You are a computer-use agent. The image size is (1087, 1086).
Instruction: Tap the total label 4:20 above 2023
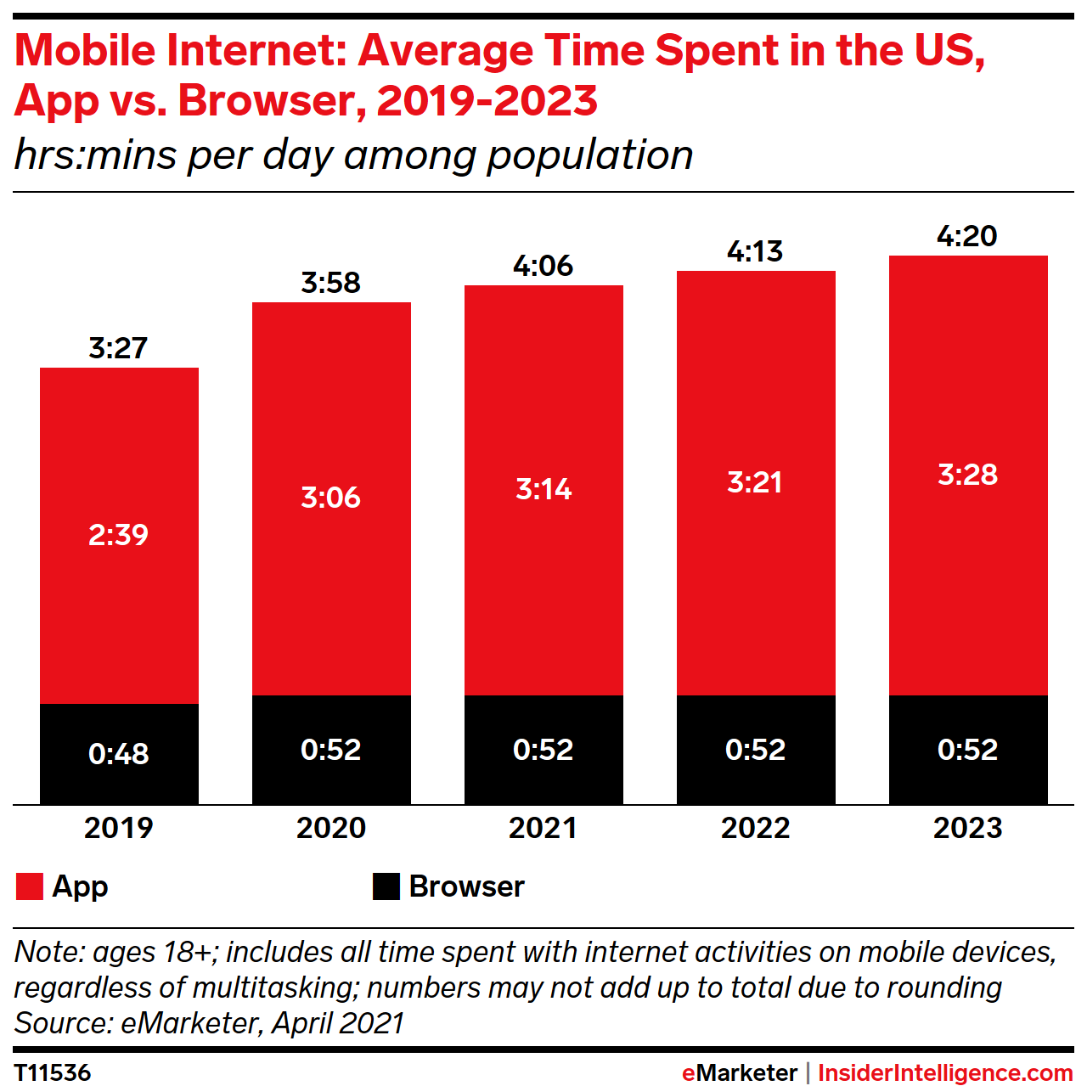coord(967,236)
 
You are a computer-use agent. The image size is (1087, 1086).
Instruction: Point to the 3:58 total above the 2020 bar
coord(331,283)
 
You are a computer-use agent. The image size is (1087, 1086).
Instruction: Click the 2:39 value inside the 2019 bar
coord(119,535)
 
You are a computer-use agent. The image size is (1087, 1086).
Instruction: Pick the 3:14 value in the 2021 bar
coord(543,489)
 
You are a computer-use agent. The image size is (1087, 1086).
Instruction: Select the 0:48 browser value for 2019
coord(119,754)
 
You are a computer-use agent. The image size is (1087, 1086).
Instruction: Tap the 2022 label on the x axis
coord(755,828)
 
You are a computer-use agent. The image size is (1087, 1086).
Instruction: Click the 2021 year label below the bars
coord(543,828)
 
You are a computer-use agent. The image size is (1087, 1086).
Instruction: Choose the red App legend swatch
coord(30,886)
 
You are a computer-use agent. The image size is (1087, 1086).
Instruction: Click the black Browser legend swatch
coord(386,886)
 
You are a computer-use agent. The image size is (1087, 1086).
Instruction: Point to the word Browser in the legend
coord(466,886)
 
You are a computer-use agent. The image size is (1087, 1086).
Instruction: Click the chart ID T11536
coord(53,1072)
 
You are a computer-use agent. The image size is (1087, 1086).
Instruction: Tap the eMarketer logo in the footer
coord(740,1073)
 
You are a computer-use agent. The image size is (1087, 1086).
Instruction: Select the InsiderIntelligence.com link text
coord(945,1073)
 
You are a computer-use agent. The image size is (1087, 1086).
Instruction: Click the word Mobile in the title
coord(85,50)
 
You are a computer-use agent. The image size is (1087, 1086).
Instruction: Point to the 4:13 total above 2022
coord(755,251)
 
